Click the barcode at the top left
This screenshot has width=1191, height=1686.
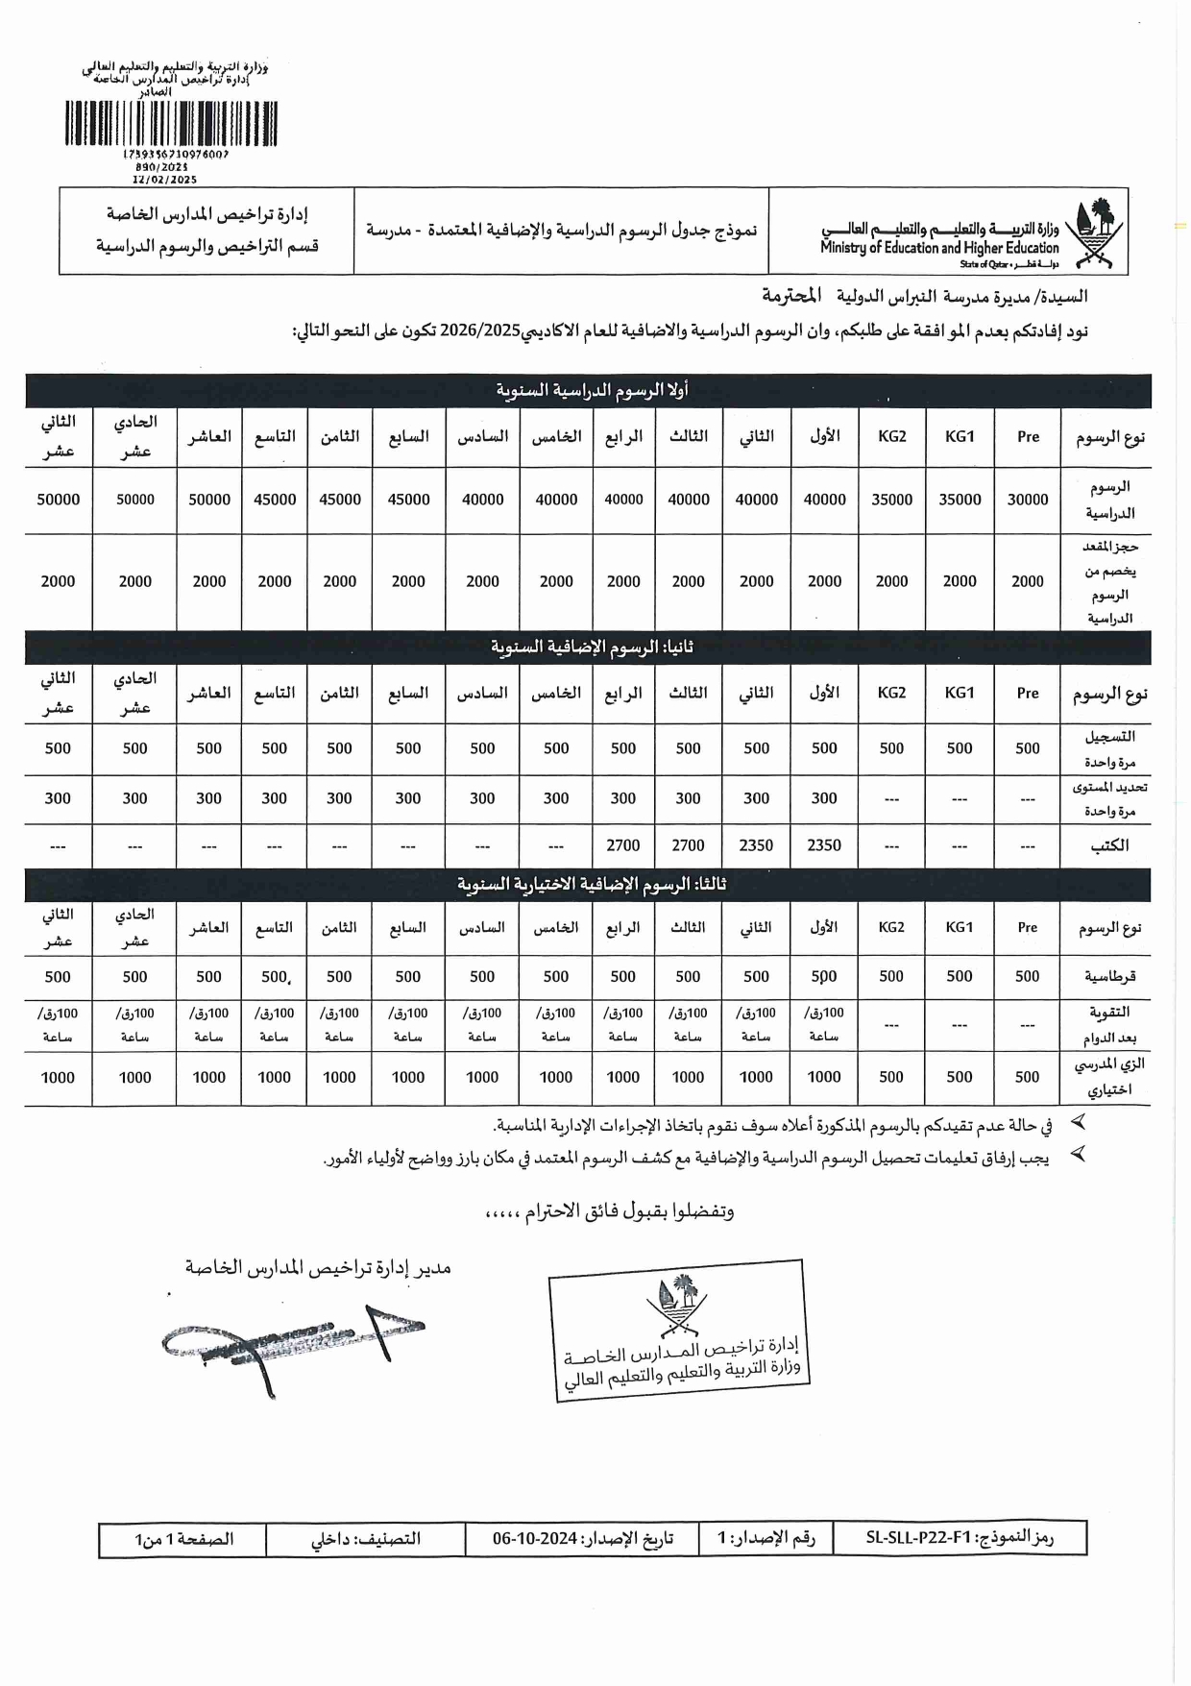[x=171, y=124]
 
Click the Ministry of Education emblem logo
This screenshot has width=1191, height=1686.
[x=1096, y=234]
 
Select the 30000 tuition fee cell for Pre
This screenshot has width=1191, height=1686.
[x=1027, y=500]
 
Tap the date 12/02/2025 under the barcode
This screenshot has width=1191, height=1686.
[x=164, y=180]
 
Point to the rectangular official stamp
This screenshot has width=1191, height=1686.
[x=680, y=1330]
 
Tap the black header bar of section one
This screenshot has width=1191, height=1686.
[x=588, y=390]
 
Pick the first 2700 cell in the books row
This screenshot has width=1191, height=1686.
[x=688, y=845]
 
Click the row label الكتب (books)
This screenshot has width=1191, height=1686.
[x=1109, y=845]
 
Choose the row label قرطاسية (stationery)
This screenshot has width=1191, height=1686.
[x=1109, y=976]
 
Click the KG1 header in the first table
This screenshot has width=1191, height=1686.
[x=960, y=436]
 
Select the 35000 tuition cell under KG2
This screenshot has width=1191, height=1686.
[x=891, y=500]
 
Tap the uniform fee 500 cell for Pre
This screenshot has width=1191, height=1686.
[x=1027, y=1077]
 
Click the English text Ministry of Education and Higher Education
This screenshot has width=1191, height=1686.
[x=938, y=248]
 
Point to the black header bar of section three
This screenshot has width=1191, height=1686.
[x=588, y=883]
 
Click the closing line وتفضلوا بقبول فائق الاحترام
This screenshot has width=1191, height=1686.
[x=609, y=1211]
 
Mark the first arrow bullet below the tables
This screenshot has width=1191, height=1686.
[x=1078, y=1121]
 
